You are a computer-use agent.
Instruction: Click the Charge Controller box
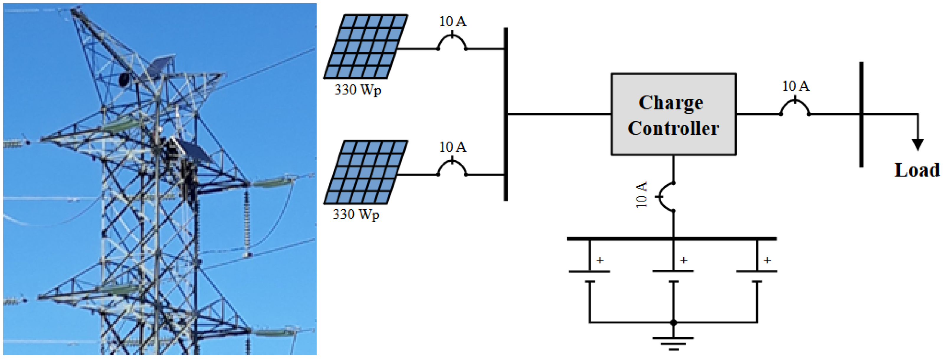674,114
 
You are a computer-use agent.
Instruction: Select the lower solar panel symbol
365,172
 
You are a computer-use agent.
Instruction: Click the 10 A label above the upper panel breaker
452,22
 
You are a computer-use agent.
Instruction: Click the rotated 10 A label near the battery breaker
641,195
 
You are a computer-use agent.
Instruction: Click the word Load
917,170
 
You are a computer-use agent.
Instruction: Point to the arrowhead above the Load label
917,144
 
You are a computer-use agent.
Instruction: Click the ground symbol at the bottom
673,343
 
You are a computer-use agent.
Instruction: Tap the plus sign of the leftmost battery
600,260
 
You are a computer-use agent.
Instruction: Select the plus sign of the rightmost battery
767,260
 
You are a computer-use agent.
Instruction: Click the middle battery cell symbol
673,276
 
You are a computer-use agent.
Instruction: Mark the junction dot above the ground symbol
673,323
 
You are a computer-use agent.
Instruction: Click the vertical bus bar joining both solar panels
506,114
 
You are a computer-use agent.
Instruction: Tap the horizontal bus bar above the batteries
672,239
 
